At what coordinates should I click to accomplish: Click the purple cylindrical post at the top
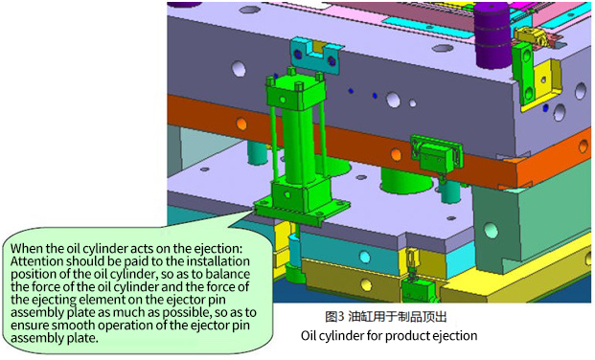(492, 36)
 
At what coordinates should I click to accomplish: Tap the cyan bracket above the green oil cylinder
(314, 56)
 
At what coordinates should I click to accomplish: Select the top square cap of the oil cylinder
(296, 94)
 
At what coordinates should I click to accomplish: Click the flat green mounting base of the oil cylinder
(302, 210)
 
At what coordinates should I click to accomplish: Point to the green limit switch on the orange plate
(437, 153)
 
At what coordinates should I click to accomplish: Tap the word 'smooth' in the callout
(72, 326)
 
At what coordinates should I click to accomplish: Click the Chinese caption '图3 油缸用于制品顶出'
(385, 317)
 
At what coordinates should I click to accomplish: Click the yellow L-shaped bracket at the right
(541, 84)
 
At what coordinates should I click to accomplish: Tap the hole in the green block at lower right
(491, 230)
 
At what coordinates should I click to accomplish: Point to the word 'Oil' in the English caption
(308, 336)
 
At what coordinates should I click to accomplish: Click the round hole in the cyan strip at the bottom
(365, 257)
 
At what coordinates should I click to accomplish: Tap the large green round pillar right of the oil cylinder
(406, 179)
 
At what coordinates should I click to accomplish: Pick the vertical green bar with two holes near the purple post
(525, 74)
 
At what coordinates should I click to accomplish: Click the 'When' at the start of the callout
(27, 249)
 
